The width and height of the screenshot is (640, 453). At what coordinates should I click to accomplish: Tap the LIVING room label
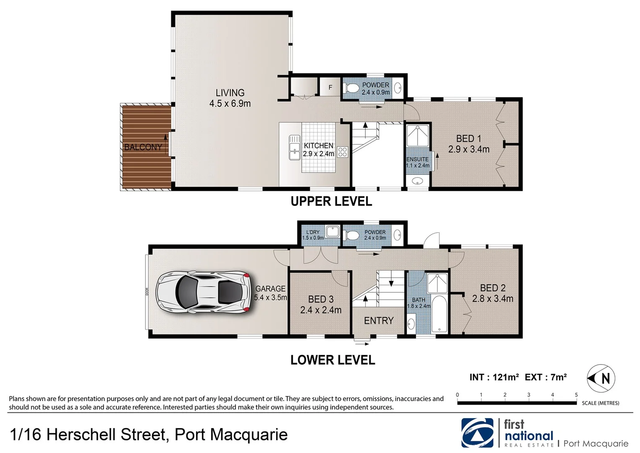coord(230,98)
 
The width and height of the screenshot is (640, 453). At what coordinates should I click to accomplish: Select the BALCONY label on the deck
coord(143,147)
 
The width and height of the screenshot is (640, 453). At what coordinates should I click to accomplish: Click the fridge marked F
coord(330,88)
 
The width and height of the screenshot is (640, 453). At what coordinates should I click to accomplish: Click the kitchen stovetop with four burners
coord(343,151)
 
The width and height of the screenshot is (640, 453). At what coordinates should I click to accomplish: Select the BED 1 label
coord(468,143)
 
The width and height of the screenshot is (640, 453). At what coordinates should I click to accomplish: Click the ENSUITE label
coord(418,162)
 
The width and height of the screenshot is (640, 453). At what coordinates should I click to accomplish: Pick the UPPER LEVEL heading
coord(331,201)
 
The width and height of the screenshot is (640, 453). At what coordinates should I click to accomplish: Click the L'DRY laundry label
coord(312,235)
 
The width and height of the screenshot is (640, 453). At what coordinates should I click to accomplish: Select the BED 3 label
coord(320,305)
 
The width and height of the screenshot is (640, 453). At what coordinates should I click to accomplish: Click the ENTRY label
coord(379,320)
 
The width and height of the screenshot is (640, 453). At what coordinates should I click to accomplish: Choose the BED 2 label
coord(493,293)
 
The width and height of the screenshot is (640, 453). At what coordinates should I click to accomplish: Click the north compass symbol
coord(602,378)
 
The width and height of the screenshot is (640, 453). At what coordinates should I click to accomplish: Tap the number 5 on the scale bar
coord(576,395)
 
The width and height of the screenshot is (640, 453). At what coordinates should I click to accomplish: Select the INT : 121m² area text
coord(494,377)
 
